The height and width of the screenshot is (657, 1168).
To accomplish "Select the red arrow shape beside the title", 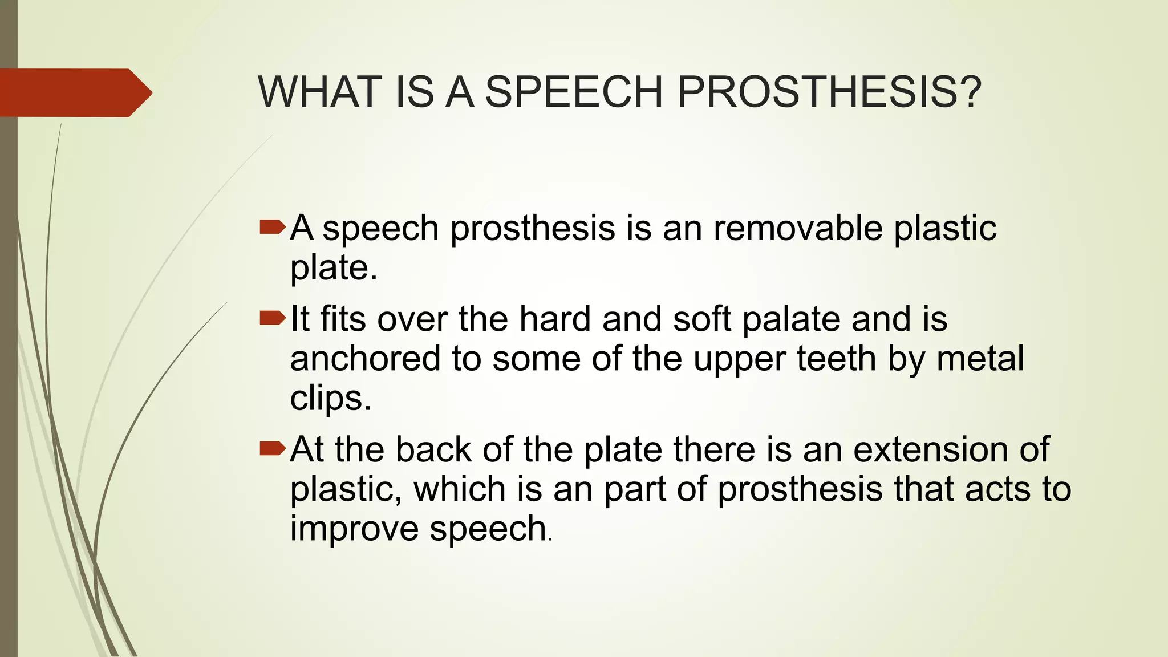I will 74,92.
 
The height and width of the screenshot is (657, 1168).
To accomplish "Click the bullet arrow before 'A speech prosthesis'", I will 272,228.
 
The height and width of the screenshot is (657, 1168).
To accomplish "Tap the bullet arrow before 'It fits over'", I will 272,318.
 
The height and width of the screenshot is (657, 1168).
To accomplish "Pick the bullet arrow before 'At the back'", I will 272,449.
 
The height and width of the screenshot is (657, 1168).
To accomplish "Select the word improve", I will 354,528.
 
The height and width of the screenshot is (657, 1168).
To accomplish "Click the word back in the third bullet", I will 433,449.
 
